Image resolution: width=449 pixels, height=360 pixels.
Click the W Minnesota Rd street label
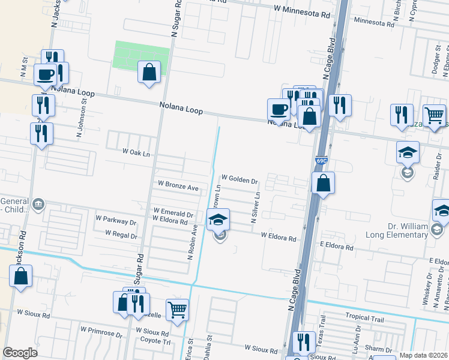click(x=302, y=10)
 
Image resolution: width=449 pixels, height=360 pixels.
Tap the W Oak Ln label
click(x=136, y=153)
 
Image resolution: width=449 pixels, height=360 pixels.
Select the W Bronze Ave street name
click(x=178, y=187)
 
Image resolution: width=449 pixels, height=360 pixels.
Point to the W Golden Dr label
click(x=239, y=179)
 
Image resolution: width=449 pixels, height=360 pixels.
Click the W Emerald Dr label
click(x=173, y=212)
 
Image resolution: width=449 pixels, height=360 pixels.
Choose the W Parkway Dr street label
click(x=116, y=221)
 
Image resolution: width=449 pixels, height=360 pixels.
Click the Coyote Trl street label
click(x=155, y=341)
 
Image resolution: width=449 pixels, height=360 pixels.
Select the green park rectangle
click(x=142, y=55)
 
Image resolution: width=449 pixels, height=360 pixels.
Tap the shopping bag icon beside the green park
click(x=149, y=73)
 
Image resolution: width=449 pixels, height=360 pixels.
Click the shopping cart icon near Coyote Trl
click(x=178, y=310)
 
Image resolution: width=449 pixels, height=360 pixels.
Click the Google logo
click(x=20, y=353)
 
